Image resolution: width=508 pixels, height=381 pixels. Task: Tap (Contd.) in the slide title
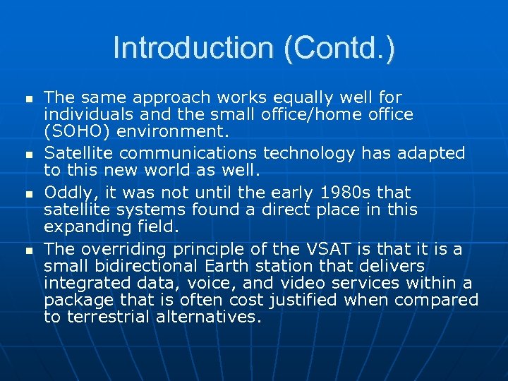[x=339, y=48]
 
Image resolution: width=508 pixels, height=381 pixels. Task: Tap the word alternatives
[x=212, y=317]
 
